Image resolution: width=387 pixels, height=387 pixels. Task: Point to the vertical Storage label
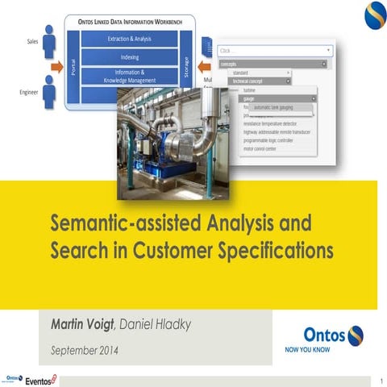point(186,64)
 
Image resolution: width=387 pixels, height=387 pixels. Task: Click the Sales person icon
point(48,40)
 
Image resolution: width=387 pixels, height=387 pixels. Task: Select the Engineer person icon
point(50,91)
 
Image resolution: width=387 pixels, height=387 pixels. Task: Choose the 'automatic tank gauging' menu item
point(273,106)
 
